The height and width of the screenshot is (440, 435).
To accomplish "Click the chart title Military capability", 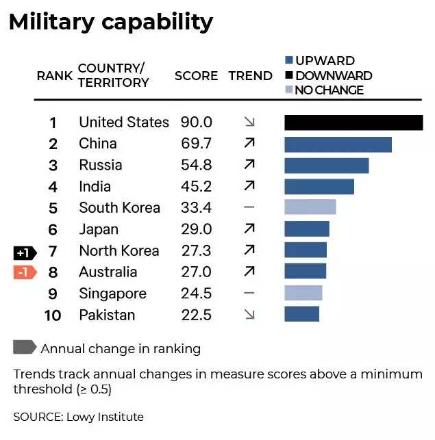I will [x=110, y=22].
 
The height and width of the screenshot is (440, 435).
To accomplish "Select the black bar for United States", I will [x=353, y=122].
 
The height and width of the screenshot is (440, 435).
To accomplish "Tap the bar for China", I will [x=338, y=144].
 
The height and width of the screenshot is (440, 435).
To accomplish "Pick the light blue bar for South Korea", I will [x=310, y=207].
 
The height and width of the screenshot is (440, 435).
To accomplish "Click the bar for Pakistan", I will [x=301, y=314].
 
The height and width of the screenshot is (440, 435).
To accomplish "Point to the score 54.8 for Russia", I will [x=196, y=165].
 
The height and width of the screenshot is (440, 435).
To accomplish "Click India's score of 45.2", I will [x=196, y=186].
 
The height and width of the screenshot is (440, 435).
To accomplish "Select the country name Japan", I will [x=99, y=229].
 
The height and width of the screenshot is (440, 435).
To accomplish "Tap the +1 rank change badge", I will [x=24, y=251].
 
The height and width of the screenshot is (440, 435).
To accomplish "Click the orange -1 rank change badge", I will [x=24, y=272].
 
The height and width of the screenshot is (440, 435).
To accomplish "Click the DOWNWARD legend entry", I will [x=328, y=75].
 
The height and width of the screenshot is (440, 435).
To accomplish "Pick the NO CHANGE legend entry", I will [x=323, y=90].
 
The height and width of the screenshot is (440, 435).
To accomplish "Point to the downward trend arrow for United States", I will [x=249, y=122].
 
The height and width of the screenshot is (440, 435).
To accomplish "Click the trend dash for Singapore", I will [x=249, y=293].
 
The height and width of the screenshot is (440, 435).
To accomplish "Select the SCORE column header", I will [x=196, y=75].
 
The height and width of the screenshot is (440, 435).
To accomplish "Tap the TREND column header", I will [x=250, y=75].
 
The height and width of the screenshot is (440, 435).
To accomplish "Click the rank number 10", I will [x=53, y=315].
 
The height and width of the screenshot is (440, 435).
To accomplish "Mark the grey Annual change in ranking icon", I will [x=24, y=348].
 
